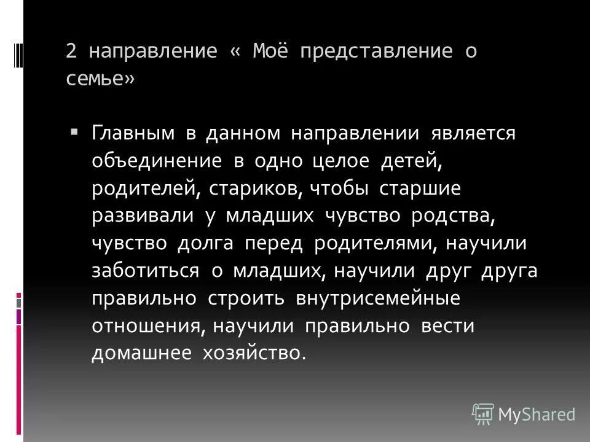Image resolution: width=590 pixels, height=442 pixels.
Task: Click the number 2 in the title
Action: point(71,52)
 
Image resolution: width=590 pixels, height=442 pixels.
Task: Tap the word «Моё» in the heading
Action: point(267,52)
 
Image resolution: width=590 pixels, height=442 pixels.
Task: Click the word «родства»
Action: point(455,216)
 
